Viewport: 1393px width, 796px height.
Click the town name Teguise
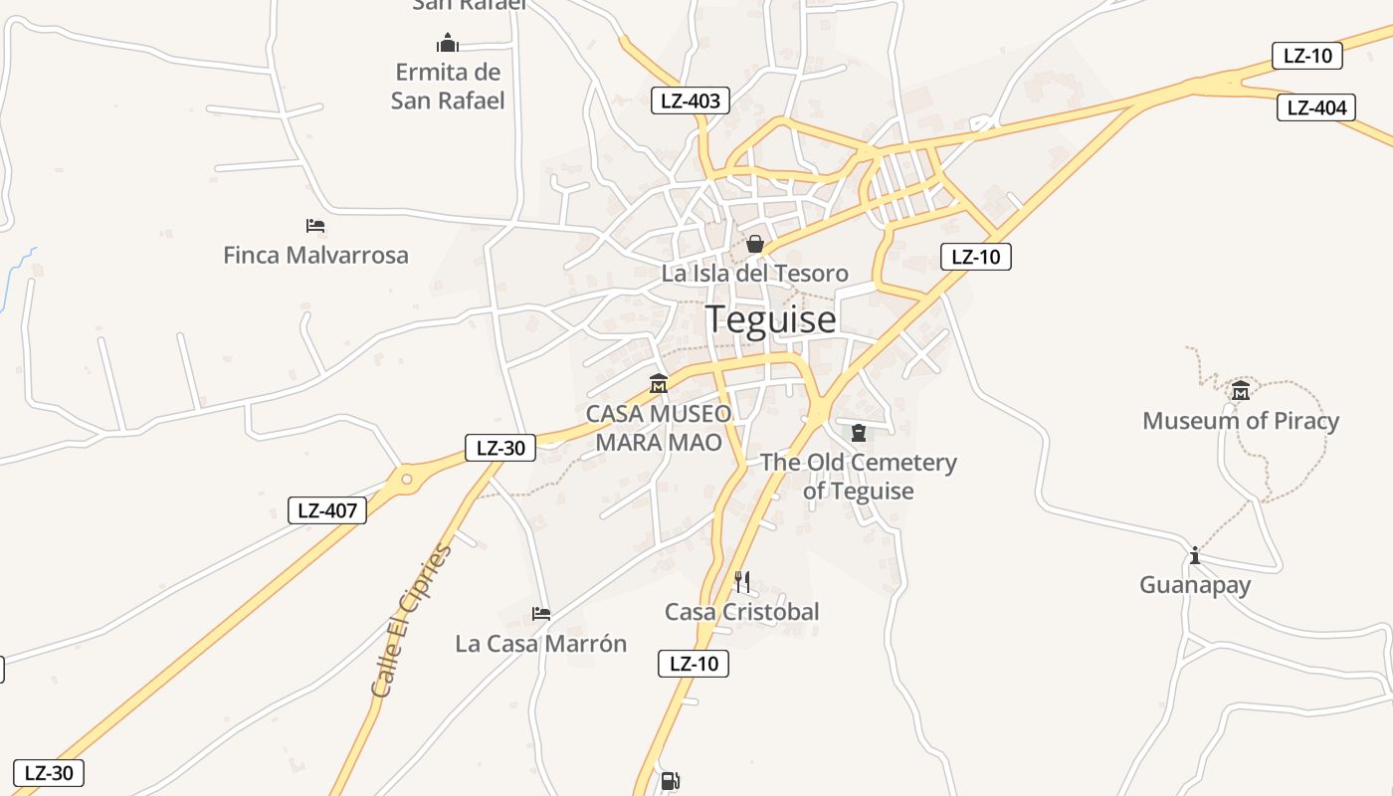pos(771,319)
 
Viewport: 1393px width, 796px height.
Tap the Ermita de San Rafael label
pos(448,87)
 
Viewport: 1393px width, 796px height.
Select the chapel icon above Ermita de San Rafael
pos(448,43)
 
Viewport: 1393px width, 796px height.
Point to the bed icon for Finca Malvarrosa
pos(315,226)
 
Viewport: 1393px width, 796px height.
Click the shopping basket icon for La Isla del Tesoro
pos(755,244)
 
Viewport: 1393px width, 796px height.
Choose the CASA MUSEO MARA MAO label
pos(659,428)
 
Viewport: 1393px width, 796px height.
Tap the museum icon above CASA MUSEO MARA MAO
pos(658,383)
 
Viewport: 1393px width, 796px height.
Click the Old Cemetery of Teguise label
pos(858,477)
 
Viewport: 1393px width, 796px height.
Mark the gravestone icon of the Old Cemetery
pos(859,432)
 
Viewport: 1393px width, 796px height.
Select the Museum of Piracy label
pos(1240,421)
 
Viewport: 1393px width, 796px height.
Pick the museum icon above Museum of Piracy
pos(1240,391)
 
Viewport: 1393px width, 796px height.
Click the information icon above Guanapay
pos(1195,555)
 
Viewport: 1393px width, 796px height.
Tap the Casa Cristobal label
pos(741,612)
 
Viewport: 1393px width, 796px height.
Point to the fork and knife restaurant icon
pos(741,582)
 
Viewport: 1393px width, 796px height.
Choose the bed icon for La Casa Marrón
pos(541,613)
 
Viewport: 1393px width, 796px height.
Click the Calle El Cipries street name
pos(411,619)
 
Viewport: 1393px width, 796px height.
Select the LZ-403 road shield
pos(691,100)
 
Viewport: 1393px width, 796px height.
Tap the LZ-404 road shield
pos(1316,107)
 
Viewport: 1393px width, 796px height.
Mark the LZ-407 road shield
pos(327,511)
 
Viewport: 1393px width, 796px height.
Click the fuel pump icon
pos(671,781)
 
